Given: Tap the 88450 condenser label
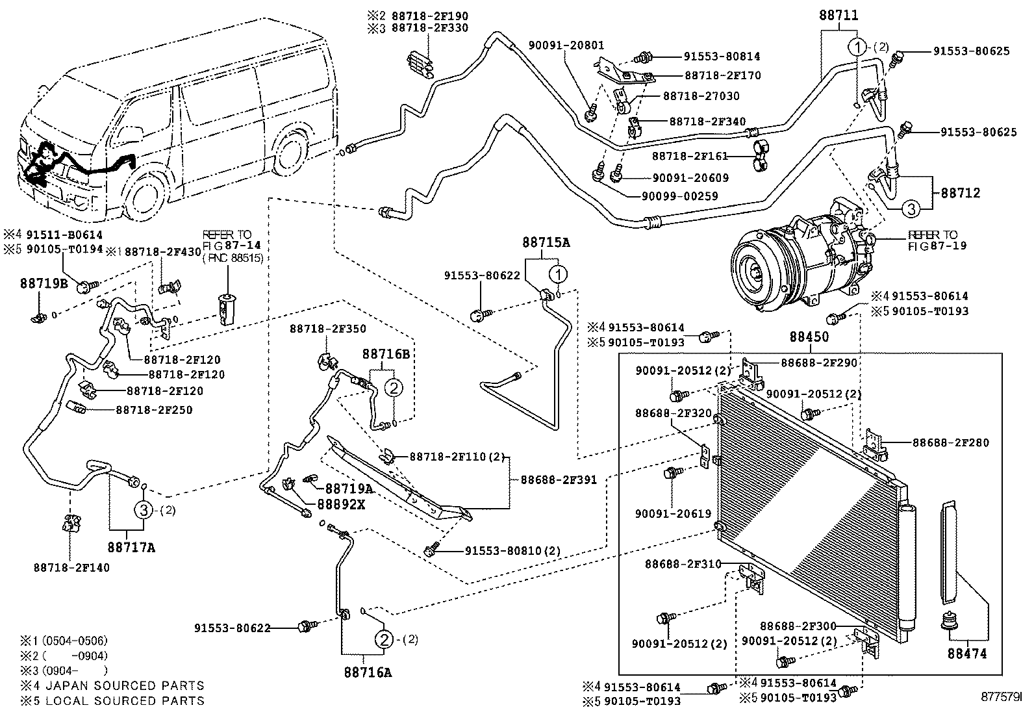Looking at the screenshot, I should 809,337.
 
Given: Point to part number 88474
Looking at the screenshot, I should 966,654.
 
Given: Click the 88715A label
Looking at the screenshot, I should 546,243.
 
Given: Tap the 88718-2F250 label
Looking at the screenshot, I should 154,410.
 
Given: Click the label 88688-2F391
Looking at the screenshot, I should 558,480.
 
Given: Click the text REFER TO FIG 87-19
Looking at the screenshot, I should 933,240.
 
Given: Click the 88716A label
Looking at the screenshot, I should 368,672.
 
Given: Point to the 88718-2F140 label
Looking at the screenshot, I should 71,567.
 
